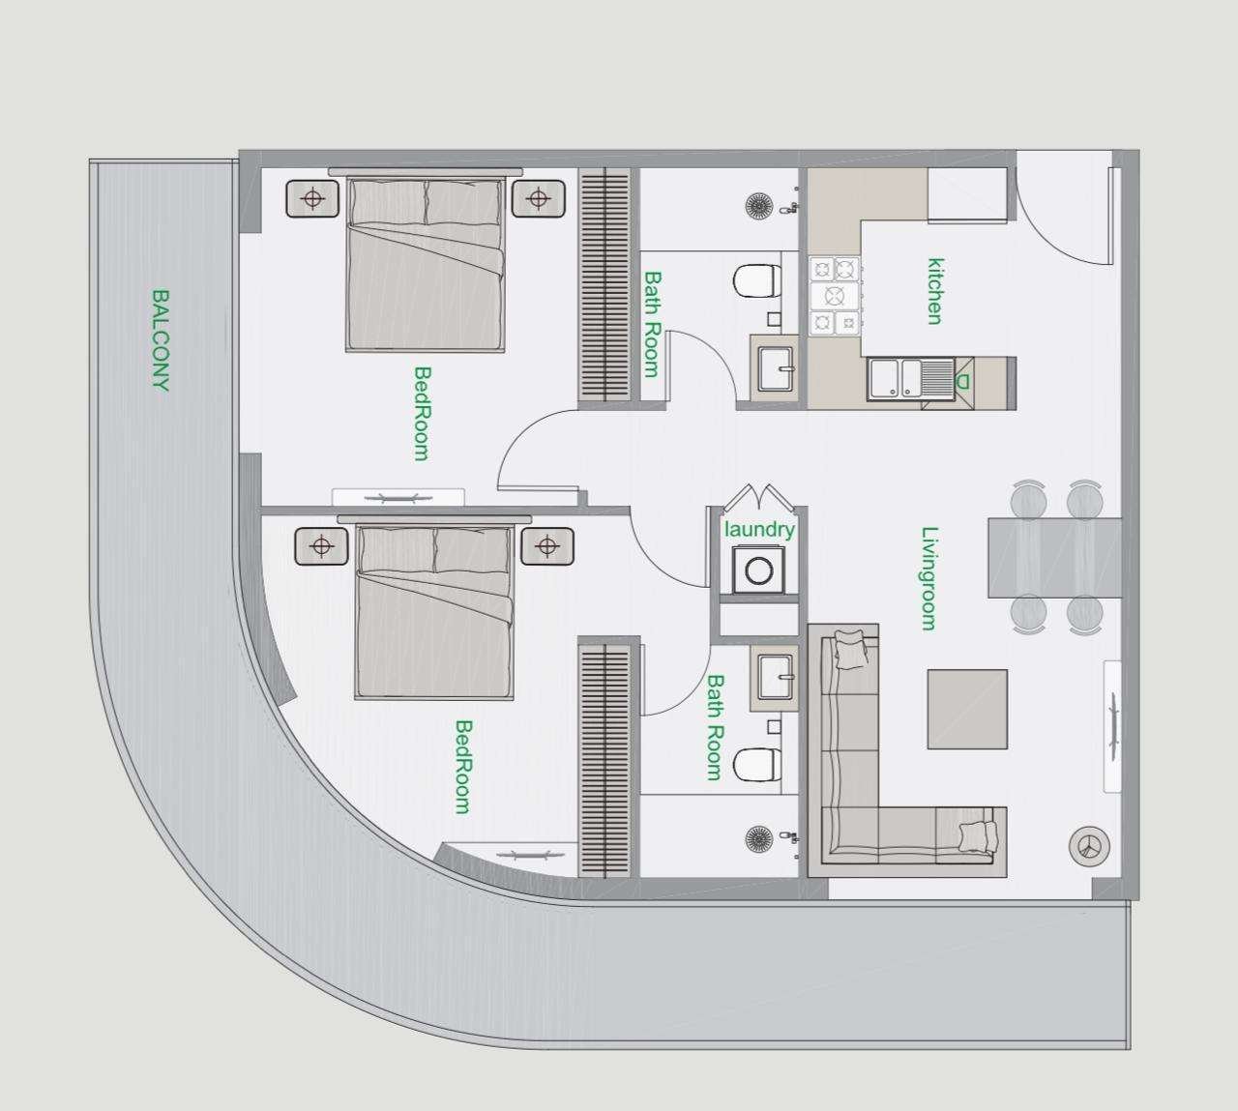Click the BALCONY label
pyautogui.click(x=161, y=339)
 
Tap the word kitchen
pyautogui.click(x=935, y=291)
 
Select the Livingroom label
pyautogui.click(x=928, y=578)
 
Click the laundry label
pyautogui.click(x=759, y=529)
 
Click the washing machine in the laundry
pyautogui.click(x=759, y=570)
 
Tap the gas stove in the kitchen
pyautogui.click(x=835, y=296)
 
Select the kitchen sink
pyautogui.click(x=911, y=379)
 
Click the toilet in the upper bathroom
pyautogui.click(x=757, y=281)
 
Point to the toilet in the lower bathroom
pyautogui.click(x=757, y=765)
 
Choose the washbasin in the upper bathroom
pyautogui.click(x=776, y=368)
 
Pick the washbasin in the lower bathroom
pyautogui.click(x=776, y=677)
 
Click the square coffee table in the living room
pyautogui.click(x=967, y=709)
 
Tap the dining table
pyautogui.click(x=1054, y=558)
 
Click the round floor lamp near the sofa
pyautogui.click(x=1089, y=846)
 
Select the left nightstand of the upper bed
pyautogui.click(x=312, y=198)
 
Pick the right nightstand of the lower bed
pyautogui.click(x=547, y=545)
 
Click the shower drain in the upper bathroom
pyautogui.click(x=759, y=205)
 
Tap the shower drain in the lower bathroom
pyautogui.click(x=759, y=838)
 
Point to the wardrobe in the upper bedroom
pyautogui.click(x=604, y=285)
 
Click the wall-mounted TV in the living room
pyautogui.click(x=1112, y=726)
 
